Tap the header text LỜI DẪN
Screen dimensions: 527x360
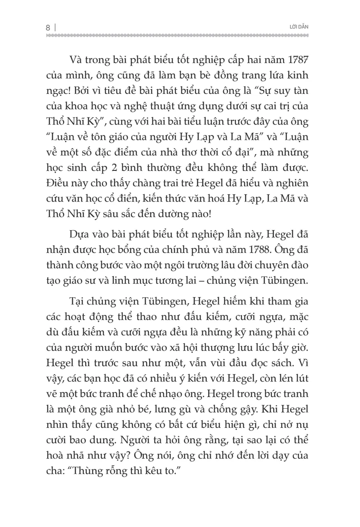[300, 27]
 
